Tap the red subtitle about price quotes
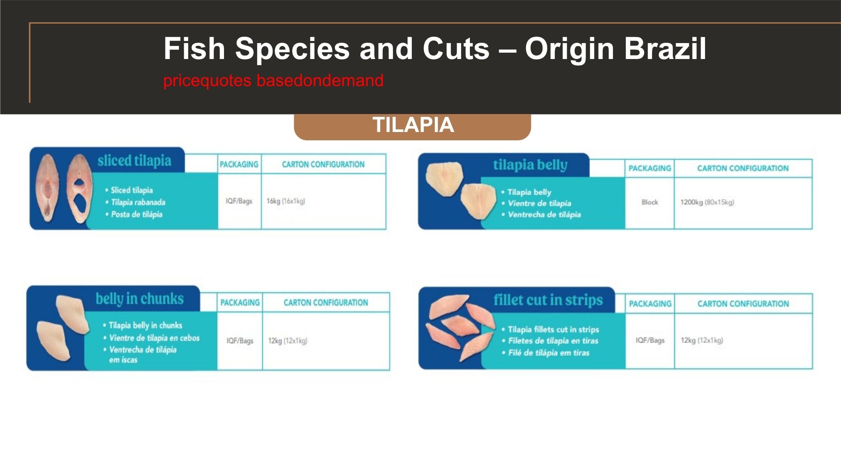[273, 81]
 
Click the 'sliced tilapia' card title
[134, 161]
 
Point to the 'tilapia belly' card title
[530, 165]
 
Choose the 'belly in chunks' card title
[140, 299]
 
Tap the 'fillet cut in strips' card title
[548, 300]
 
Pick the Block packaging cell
[650, 202]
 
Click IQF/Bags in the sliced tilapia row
[239, 201]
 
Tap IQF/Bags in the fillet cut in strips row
[650, 340]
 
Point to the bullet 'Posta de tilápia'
[137, 214]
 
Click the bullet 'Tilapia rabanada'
[138, 202]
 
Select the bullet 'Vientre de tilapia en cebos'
[154, 338]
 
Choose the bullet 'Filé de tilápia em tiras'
[548, 353]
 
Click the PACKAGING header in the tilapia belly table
[650, 168]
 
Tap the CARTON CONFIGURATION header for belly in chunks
[326, 303]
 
